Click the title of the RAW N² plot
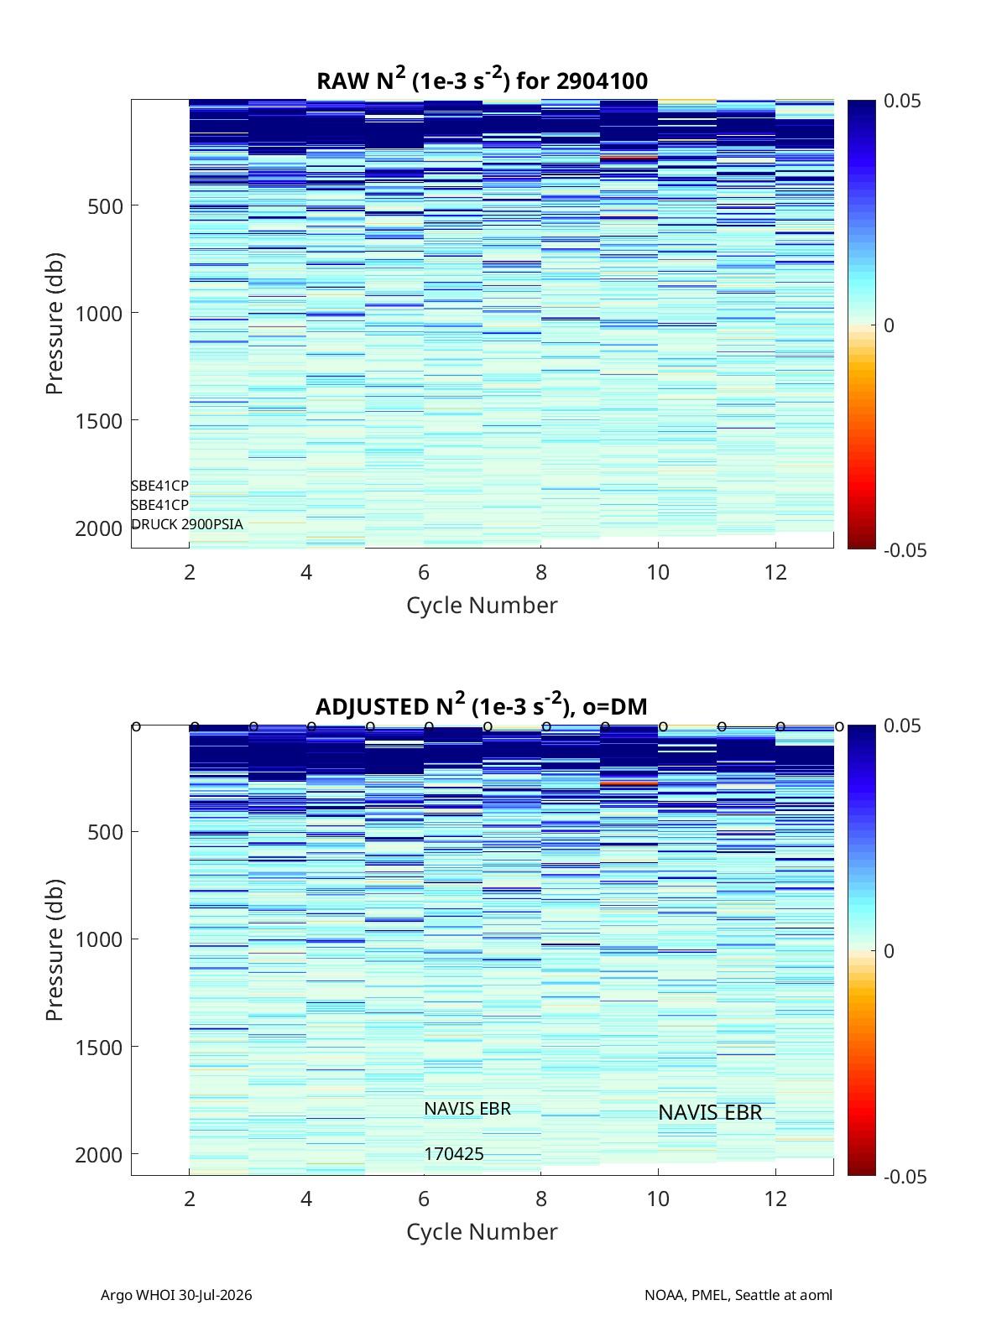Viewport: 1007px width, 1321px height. tap(482, 80)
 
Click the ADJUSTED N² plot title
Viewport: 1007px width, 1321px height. tap(481, 705)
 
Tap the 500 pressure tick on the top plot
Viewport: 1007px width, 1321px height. tap(105, 206)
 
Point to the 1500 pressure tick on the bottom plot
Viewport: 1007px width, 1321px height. tap(99, 1048)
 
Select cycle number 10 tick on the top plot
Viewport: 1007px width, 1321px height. tap(658, 572)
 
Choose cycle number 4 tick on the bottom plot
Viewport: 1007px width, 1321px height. tap(306, 1199)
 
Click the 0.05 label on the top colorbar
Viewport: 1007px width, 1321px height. tap(901, 101)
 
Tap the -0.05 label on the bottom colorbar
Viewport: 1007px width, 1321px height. tap(905, 1176)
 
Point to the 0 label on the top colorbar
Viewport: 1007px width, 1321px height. tap(889, 325)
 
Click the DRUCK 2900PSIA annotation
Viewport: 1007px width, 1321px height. tap(187, 524)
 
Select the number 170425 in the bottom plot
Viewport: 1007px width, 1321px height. tap(454, 1154)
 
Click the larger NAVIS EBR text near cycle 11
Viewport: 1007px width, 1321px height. tap(710, 1112)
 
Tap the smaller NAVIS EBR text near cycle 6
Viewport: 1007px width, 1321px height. tap(467, 1109)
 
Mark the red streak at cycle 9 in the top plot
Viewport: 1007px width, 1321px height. tap(629, 159)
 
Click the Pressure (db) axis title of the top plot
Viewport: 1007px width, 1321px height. tap(55, 324)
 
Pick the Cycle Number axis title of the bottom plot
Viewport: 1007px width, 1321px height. tap(482, 1231)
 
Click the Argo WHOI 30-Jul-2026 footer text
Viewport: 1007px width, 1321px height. tap(176, 1294)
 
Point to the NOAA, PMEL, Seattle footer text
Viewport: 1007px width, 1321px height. tap(738, 1294)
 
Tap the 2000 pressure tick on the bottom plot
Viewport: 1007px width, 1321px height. tap(99, 1154)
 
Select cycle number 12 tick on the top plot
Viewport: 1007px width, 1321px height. tap(775, 572)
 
